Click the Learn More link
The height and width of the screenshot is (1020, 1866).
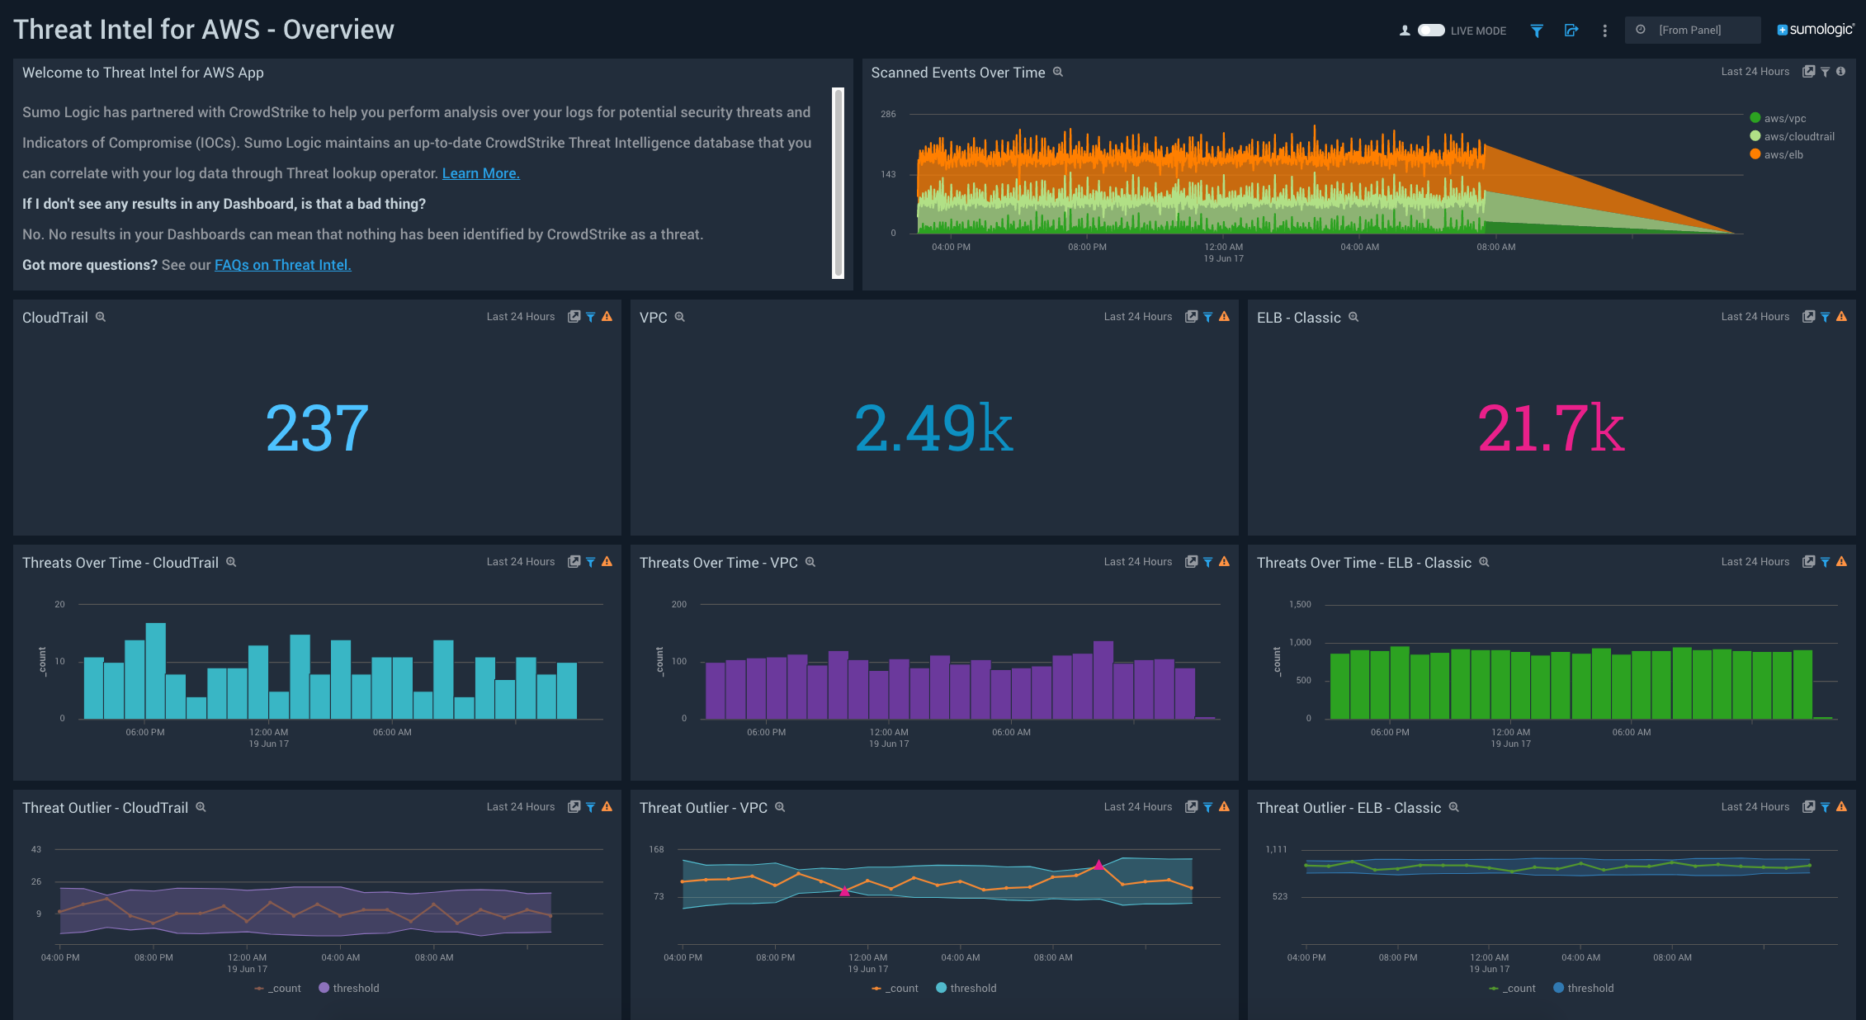pyautogui.click(x=480, y=173)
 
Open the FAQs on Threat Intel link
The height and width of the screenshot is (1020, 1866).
pyautogui.click(x=282, y=265)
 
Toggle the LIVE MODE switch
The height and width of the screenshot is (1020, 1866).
pyautogui.click(x=1431, y=31)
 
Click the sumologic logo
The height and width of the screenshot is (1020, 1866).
pyautogui.click(x=1815, y=30)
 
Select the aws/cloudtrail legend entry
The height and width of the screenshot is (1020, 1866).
pyautogui.click(x=1798, y=136)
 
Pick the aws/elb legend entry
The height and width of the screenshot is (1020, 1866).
pyautogui.click(x=1783, y=154)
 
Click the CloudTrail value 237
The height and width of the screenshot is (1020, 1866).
pyautogui.click(x=317, y=428)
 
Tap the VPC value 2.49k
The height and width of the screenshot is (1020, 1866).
pyautogui.click(x=933, y=428)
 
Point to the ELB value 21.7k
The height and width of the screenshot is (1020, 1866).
pyautogui.click(x=1550, y=428)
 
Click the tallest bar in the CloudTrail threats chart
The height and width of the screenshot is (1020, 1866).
pyautogui.click(x=156, y=670)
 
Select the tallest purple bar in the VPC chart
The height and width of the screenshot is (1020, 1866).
pyautogui.click(x=1103, y=679)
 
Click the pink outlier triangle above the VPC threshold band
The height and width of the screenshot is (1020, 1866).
pyautogui.click(x=1098, y=865)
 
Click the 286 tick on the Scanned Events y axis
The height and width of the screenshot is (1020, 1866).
pyautogui.click(x=888, y=114)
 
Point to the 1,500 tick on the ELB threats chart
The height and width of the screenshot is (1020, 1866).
pyautogui.click(x=1300, y=604)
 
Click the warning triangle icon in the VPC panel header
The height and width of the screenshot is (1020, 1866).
pyautogui.click(x=1224, y=317)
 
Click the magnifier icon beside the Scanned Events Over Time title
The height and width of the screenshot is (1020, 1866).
pyautogui.click(x=1058, y=72)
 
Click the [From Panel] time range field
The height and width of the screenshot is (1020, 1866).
pyautogui.click(x=1692, y=30)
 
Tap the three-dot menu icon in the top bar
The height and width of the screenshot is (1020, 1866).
pyautogui.click(x=1604, y=31)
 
